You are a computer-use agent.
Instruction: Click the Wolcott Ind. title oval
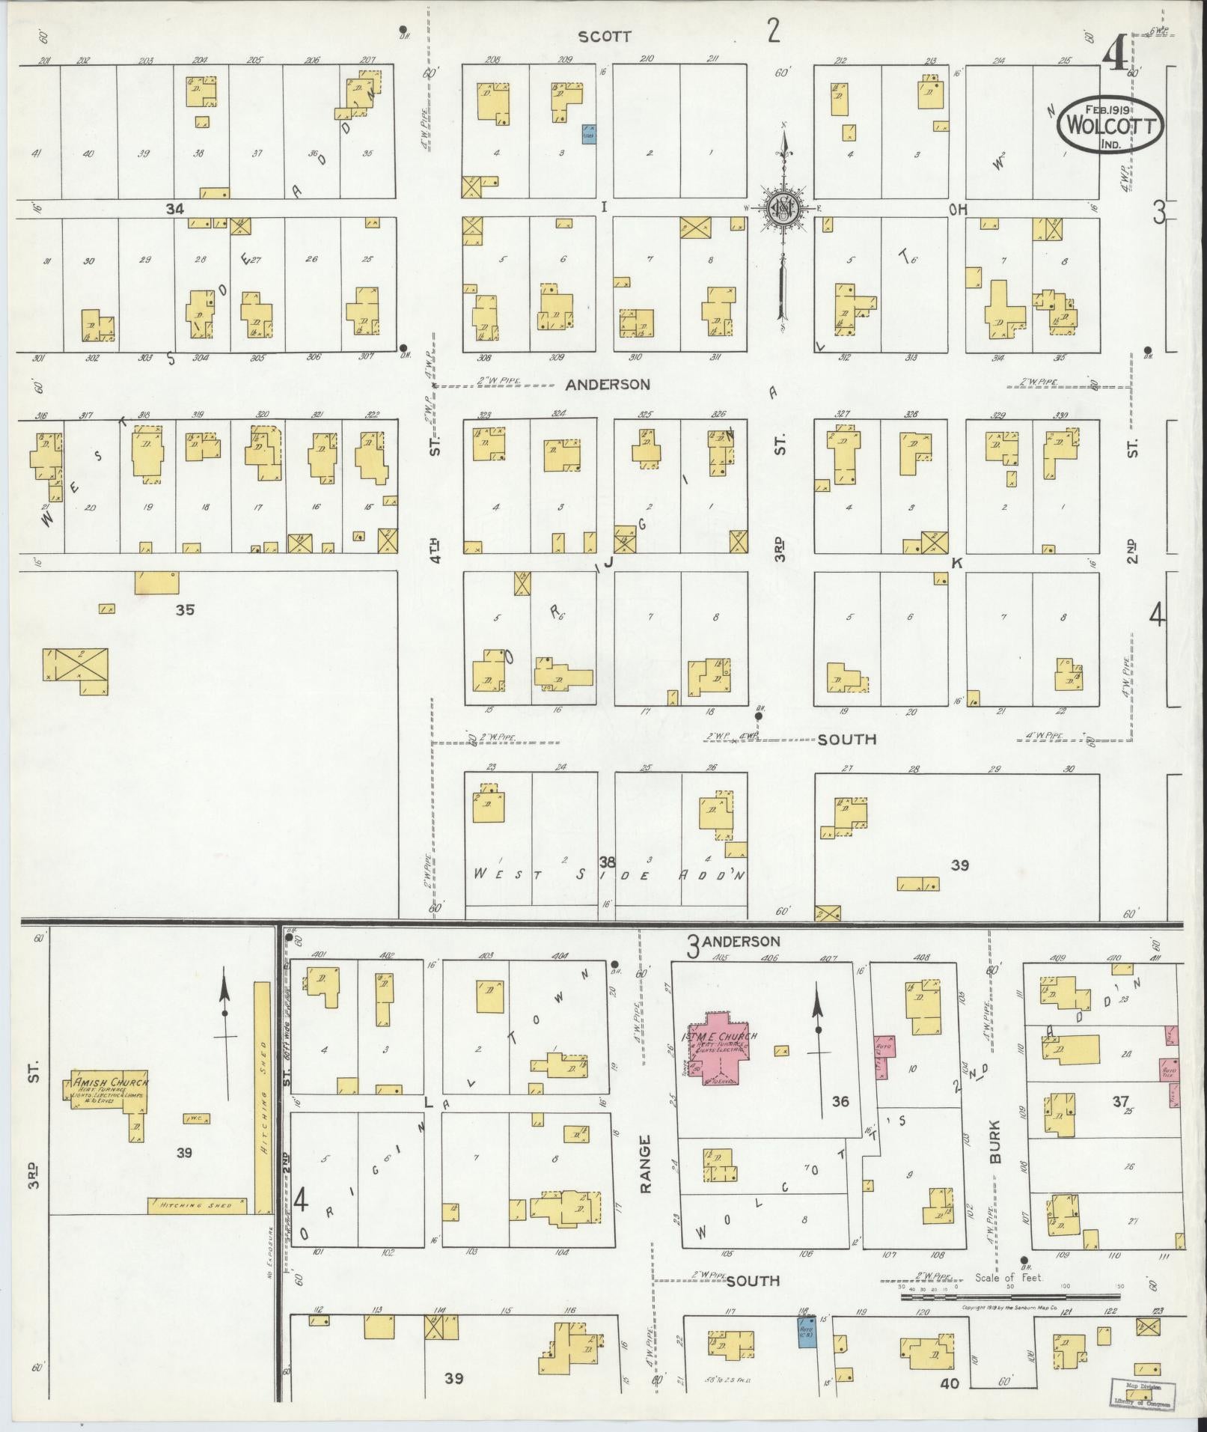[1110, 126]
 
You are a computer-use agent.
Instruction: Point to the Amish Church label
[111, 1082]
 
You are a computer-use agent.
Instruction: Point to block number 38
[606, 861]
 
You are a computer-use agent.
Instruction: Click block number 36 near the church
[840, 1102]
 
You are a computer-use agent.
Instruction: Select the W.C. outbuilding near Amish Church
[197, 1118]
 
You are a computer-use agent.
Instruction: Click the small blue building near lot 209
[589, 134]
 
